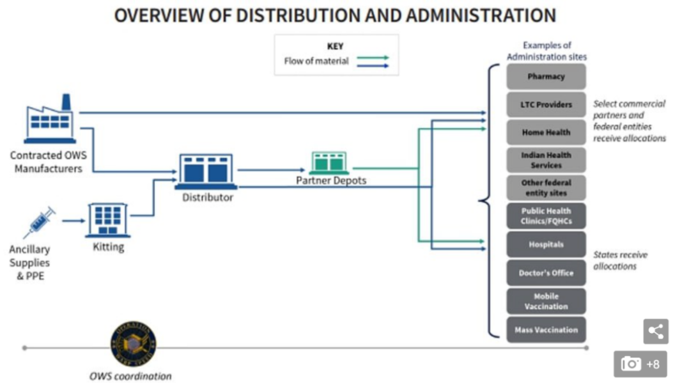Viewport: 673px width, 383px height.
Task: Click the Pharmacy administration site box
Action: pyautogui.click(x=546, y=76)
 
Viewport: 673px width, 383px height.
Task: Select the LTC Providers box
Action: pyautogui.click(x=546, y=104)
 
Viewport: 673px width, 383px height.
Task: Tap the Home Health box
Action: pyautogui.click(x=546, y=132)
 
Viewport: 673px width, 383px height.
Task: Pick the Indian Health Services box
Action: pyautogui.click(x=546, y=160)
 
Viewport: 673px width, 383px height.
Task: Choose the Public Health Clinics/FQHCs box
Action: pyautogui.click(x=546, y=216)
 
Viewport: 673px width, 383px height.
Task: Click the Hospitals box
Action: pyautogui.click(x=546, y=244)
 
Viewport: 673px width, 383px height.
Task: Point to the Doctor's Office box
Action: pyautogui.click(x=546, y=272)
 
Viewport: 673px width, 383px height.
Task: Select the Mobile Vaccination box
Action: pyautogui.click(x=546, y=301)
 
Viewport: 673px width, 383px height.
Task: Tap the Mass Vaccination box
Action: pyautogui.click(x=546, y=330)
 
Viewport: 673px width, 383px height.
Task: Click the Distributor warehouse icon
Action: pyautogui.click(x=206, y=171)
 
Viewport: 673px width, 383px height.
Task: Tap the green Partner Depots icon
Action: pyautogui.click(x=329, y=163)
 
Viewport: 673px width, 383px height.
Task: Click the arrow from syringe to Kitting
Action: pyautogui.click(x=73, y=221)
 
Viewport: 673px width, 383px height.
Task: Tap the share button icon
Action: pyautogui.click(x=655, y=331)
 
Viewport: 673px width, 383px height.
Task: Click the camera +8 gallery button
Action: pyautogui.click(x=640, y=364)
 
